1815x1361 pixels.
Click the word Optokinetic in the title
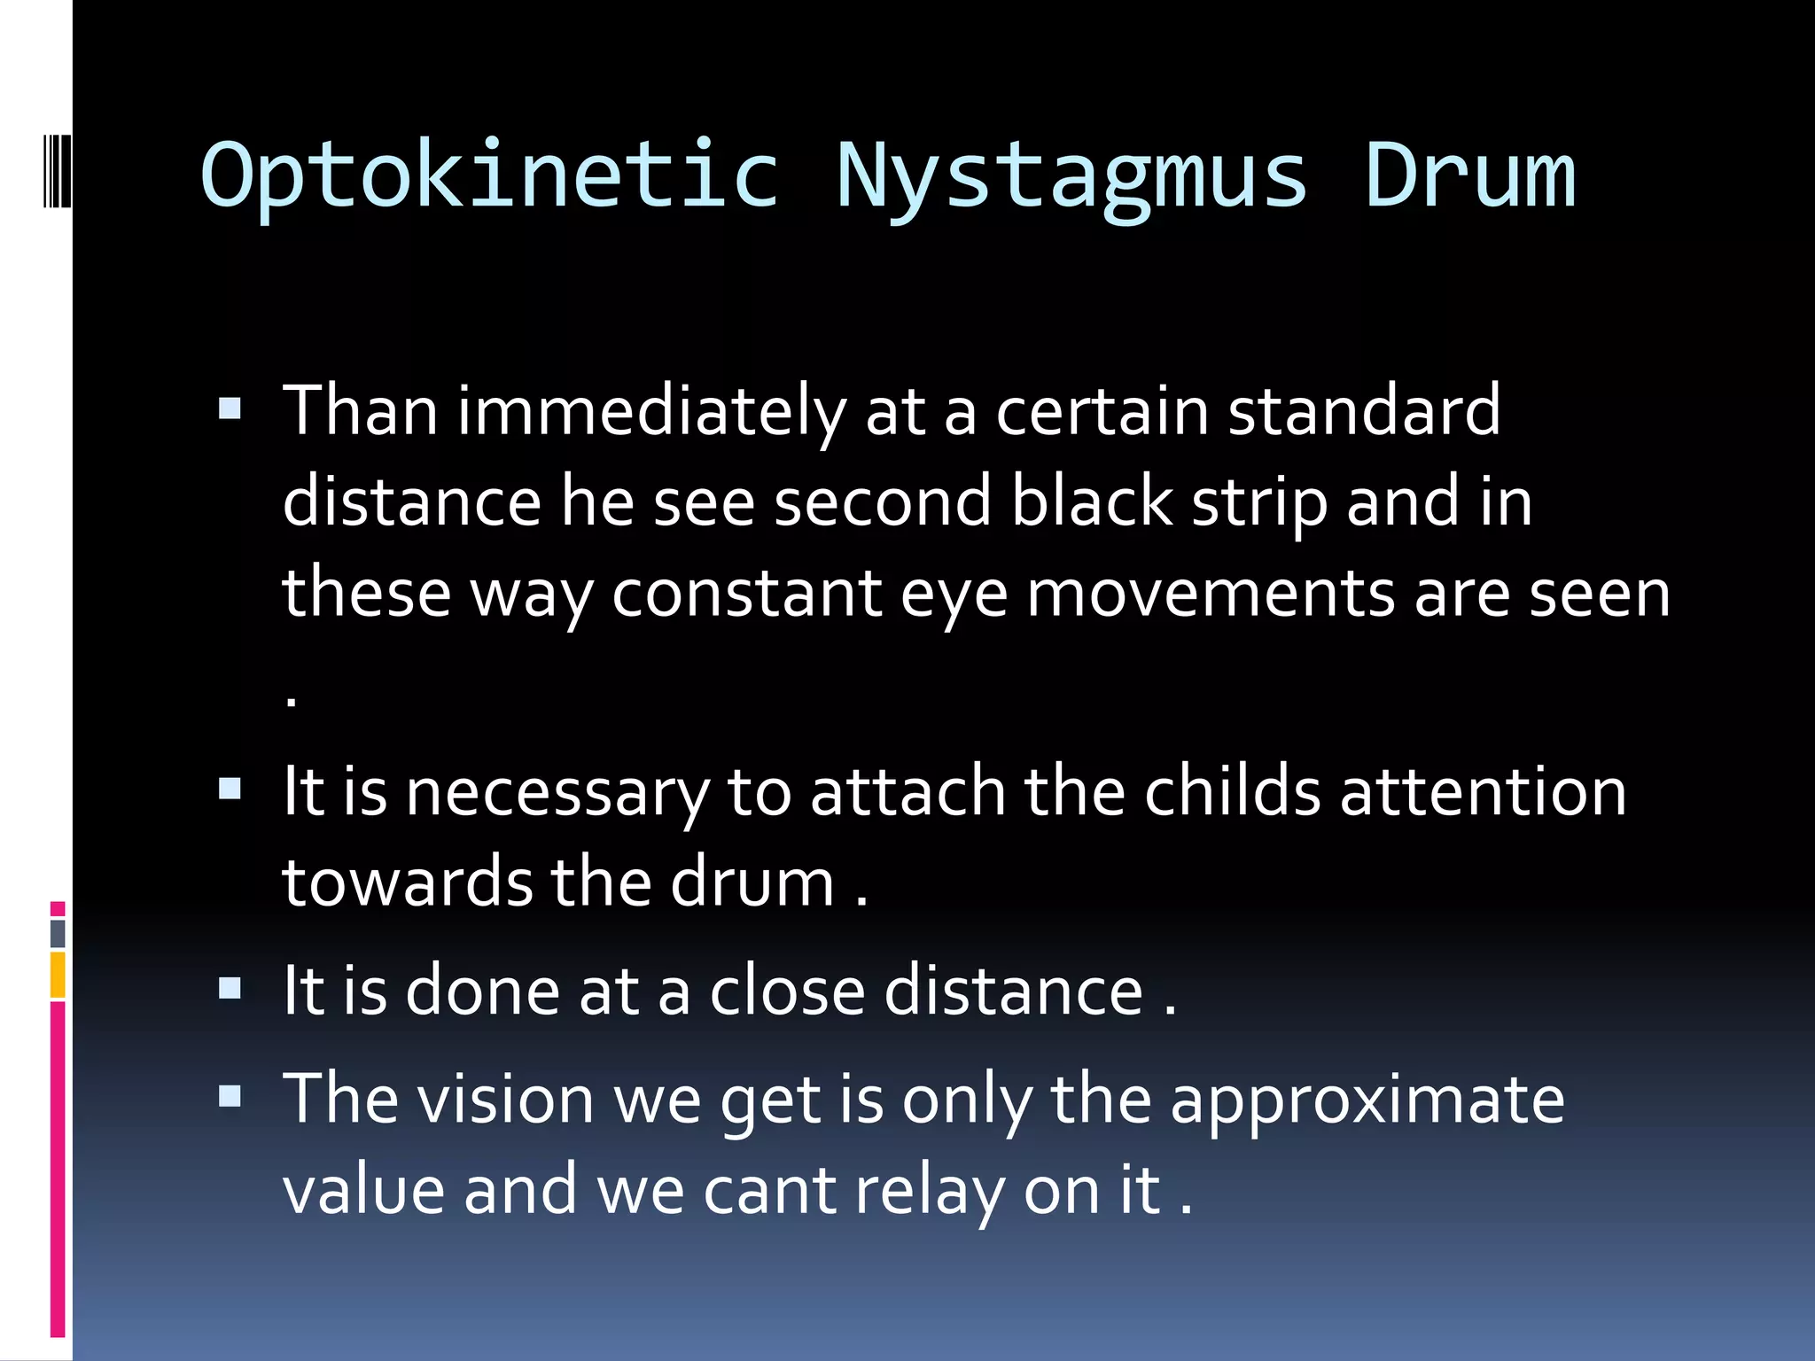490,175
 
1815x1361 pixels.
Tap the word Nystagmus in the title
1071,175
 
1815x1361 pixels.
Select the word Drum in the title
1469,175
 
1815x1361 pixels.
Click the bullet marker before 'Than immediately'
230,408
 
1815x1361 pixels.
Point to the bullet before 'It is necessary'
230,788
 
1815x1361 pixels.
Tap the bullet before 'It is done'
230,987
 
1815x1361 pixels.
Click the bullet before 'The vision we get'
230,1097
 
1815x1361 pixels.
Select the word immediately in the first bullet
651,412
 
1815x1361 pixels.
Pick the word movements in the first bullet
1211,593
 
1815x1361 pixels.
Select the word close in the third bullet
787,991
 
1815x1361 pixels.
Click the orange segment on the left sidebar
58,975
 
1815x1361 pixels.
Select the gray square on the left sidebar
58,933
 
